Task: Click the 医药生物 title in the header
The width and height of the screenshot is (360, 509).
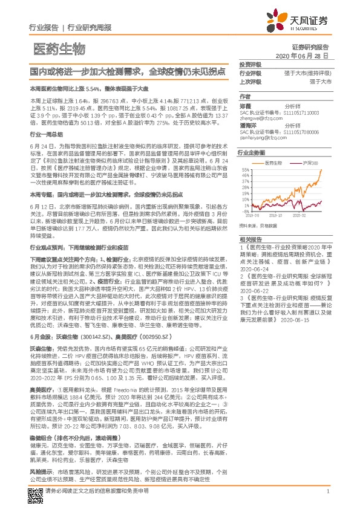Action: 51,48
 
